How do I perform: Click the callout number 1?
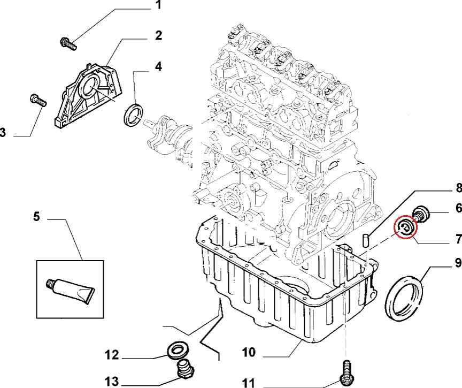tap(158, 6)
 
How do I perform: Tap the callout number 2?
tap(158, 36)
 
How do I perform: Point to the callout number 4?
tap(158, 67)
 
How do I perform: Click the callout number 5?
tap(36, 217)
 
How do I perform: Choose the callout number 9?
tap(458, 263)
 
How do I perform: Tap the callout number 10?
tap(249, 352)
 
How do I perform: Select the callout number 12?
tap(111, 354)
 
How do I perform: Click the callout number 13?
tap(111, 381)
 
